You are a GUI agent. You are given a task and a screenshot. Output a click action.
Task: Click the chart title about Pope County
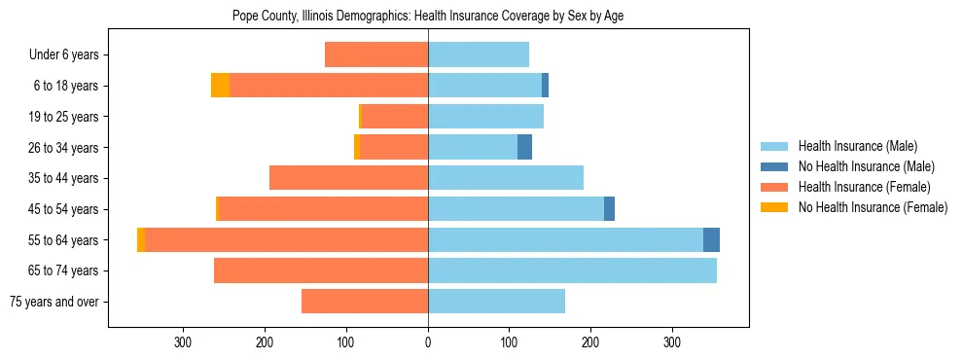[x=428, y=16]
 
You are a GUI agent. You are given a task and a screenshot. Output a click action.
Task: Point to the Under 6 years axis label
[x=64, y=54]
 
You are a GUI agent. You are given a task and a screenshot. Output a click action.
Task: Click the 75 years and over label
[x=53, y=302]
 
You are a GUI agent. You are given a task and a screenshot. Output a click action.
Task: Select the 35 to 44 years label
[x=66, y=178]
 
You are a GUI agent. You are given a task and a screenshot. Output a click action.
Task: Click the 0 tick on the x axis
[x=428, y=342]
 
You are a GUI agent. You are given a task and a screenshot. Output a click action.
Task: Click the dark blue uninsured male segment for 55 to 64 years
[x=711, y=239]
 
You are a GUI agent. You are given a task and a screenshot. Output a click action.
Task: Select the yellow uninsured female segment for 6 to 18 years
[x=220, y=86]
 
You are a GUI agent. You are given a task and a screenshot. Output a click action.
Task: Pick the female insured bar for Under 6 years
[x=376, y=54]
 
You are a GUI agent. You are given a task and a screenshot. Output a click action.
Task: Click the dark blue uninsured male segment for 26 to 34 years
[x=524, y=147]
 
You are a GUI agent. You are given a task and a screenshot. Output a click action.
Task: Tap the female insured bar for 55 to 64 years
[x=287, y=239]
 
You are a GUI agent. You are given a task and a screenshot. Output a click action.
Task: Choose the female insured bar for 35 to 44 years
[x=348, y=178]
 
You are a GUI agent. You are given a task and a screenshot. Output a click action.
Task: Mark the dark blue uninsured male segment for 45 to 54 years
[x=609, y=209]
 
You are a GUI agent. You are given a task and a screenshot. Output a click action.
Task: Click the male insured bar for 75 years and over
[x=496, y=302]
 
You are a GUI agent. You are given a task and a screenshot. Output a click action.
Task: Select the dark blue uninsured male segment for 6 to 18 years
[x=545, y=86]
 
